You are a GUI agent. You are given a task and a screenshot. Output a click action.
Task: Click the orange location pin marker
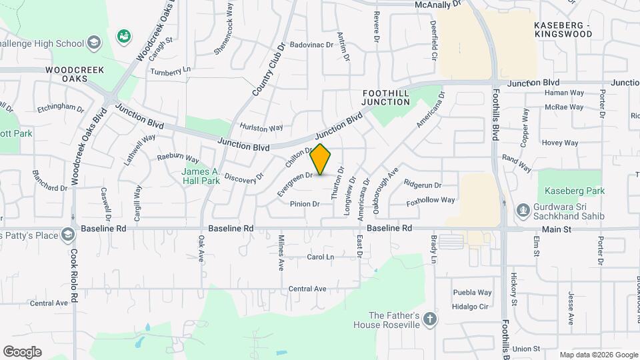click(321, 159)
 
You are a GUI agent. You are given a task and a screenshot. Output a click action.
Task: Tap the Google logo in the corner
click(22, 352)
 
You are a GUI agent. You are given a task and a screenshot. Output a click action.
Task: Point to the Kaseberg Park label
click(571, 191)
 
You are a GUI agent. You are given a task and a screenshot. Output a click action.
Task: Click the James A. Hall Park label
click(201, 176)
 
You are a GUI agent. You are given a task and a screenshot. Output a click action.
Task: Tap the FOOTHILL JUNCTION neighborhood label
click(385, 97)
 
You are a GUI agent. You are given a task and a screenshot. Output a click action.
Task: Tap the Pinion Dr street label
click(305, 203)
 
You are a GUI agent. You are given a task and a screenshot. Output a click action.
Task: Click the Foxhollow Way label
click(430, 199)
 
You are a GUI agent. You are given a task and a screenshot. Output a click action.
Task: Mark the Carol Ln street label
click(320, 257)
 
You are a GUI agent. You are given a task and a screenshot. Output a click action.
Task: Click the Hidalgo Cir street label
click(471, 306)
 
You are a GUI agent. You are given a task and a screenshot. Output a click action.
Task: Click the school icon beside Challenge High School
click(94, 44)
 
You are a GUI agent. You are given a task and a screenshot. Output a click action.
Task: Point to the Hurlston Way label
click(261, 127)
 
